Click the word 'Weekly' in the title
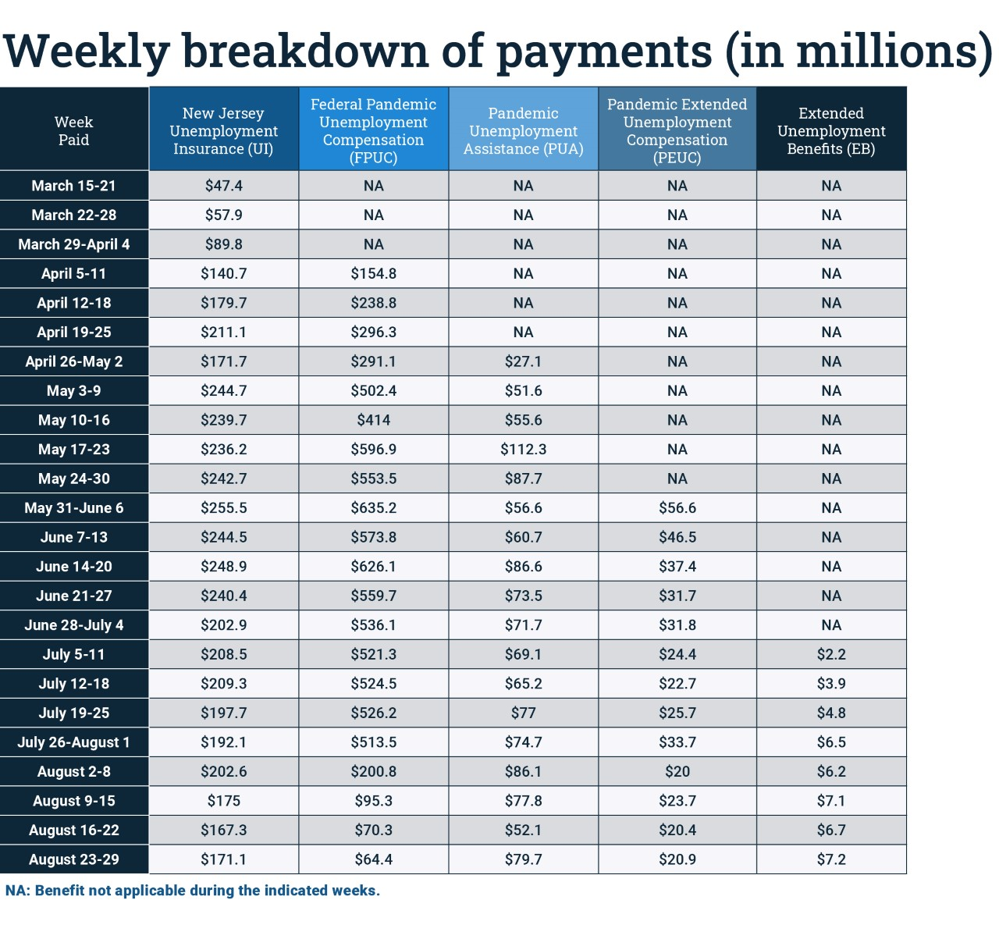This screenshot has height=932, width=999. tap(87, 52)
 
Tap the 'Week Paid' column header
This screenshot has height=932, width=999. tap(73, 130)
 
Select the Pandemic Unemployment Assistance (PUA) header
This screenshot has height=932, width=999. tap(523, 130)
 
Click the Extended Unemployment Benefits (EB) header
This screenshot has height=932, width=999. tap(831, 130)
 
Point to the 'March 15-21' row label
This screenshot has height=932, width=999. tap(73, 186)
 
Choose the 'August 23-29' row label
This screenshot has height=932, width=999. tap(73, 859)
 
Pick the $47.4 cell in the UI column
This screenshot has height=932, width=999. tap(223, 186)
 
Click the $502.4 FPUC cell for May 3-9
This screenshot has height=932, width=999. tap(373, 391)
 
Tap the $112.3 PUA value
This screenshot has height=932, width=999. tap(523, 450)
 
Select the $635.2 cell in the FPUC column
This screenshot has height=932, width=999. tap(373, 508)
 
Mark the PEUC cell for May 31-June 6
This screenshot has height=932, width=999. tap(677, 508)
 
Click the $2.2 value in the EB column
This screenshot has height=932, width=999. tap(831, 654)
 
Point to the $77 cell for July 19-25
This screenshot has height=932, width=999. tap(523, 713)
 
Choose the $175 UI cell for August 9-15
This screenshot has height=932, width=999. tap(223, 801)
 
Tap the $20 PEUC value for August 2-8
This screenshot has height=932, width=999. tap(677, 771)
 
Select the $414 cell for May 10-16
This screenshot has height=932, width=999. tap(373, 420)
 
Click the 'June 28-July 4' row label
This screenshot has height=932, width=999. tap(73, 625)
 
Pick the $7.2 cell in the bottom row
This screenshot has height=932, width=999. tap(831, 859)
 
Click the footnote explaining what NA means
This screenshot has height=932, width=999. tap(193, 891)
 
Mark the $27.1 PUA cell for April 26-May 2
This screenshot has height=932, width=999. tap(523, 361)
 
